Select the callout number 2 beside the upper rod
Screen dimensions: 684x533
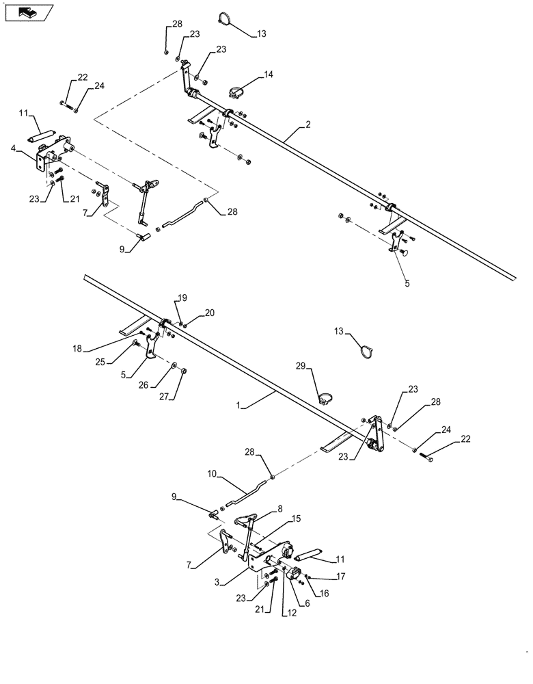308,124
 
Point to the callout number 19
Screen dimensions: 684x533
182,298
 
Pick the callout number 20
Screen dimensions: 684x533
209,313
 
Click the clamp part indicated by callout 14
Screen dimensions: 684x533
236,89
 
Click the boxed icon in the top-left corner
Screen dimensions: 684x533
27,12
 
